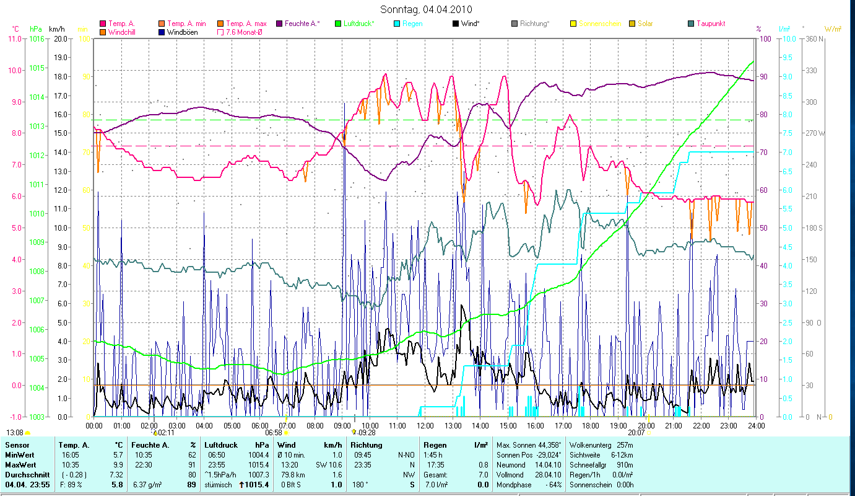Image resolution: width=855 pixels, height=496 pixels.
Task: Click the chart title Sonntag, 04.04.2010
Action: (x=427, y=9)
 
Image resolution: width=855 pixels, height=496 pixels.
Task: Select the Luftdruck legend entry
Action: (x=358, y=24)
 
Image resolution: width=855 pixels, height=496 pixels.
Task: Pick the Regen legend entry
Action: (x=412, y=24)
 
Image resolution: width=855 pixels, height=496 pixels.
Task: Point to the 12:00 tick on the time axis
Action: (x=425, y=426)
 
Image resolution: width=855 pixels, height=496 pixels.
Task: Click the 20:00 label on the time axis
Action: (x=646, y=426)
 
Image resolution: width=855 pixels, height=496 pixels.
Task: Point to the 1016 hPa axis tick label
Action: (x=37, y=38)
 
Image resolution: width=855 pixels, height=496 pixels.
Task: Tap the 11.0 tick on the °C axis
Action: (x=14, y=38)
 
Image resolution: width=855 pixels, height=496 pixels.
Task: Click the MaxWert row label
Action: (x=20, y=464)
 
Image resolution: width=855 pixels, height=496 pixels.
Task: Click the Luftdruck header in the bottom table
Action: (x=222, y=445)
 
